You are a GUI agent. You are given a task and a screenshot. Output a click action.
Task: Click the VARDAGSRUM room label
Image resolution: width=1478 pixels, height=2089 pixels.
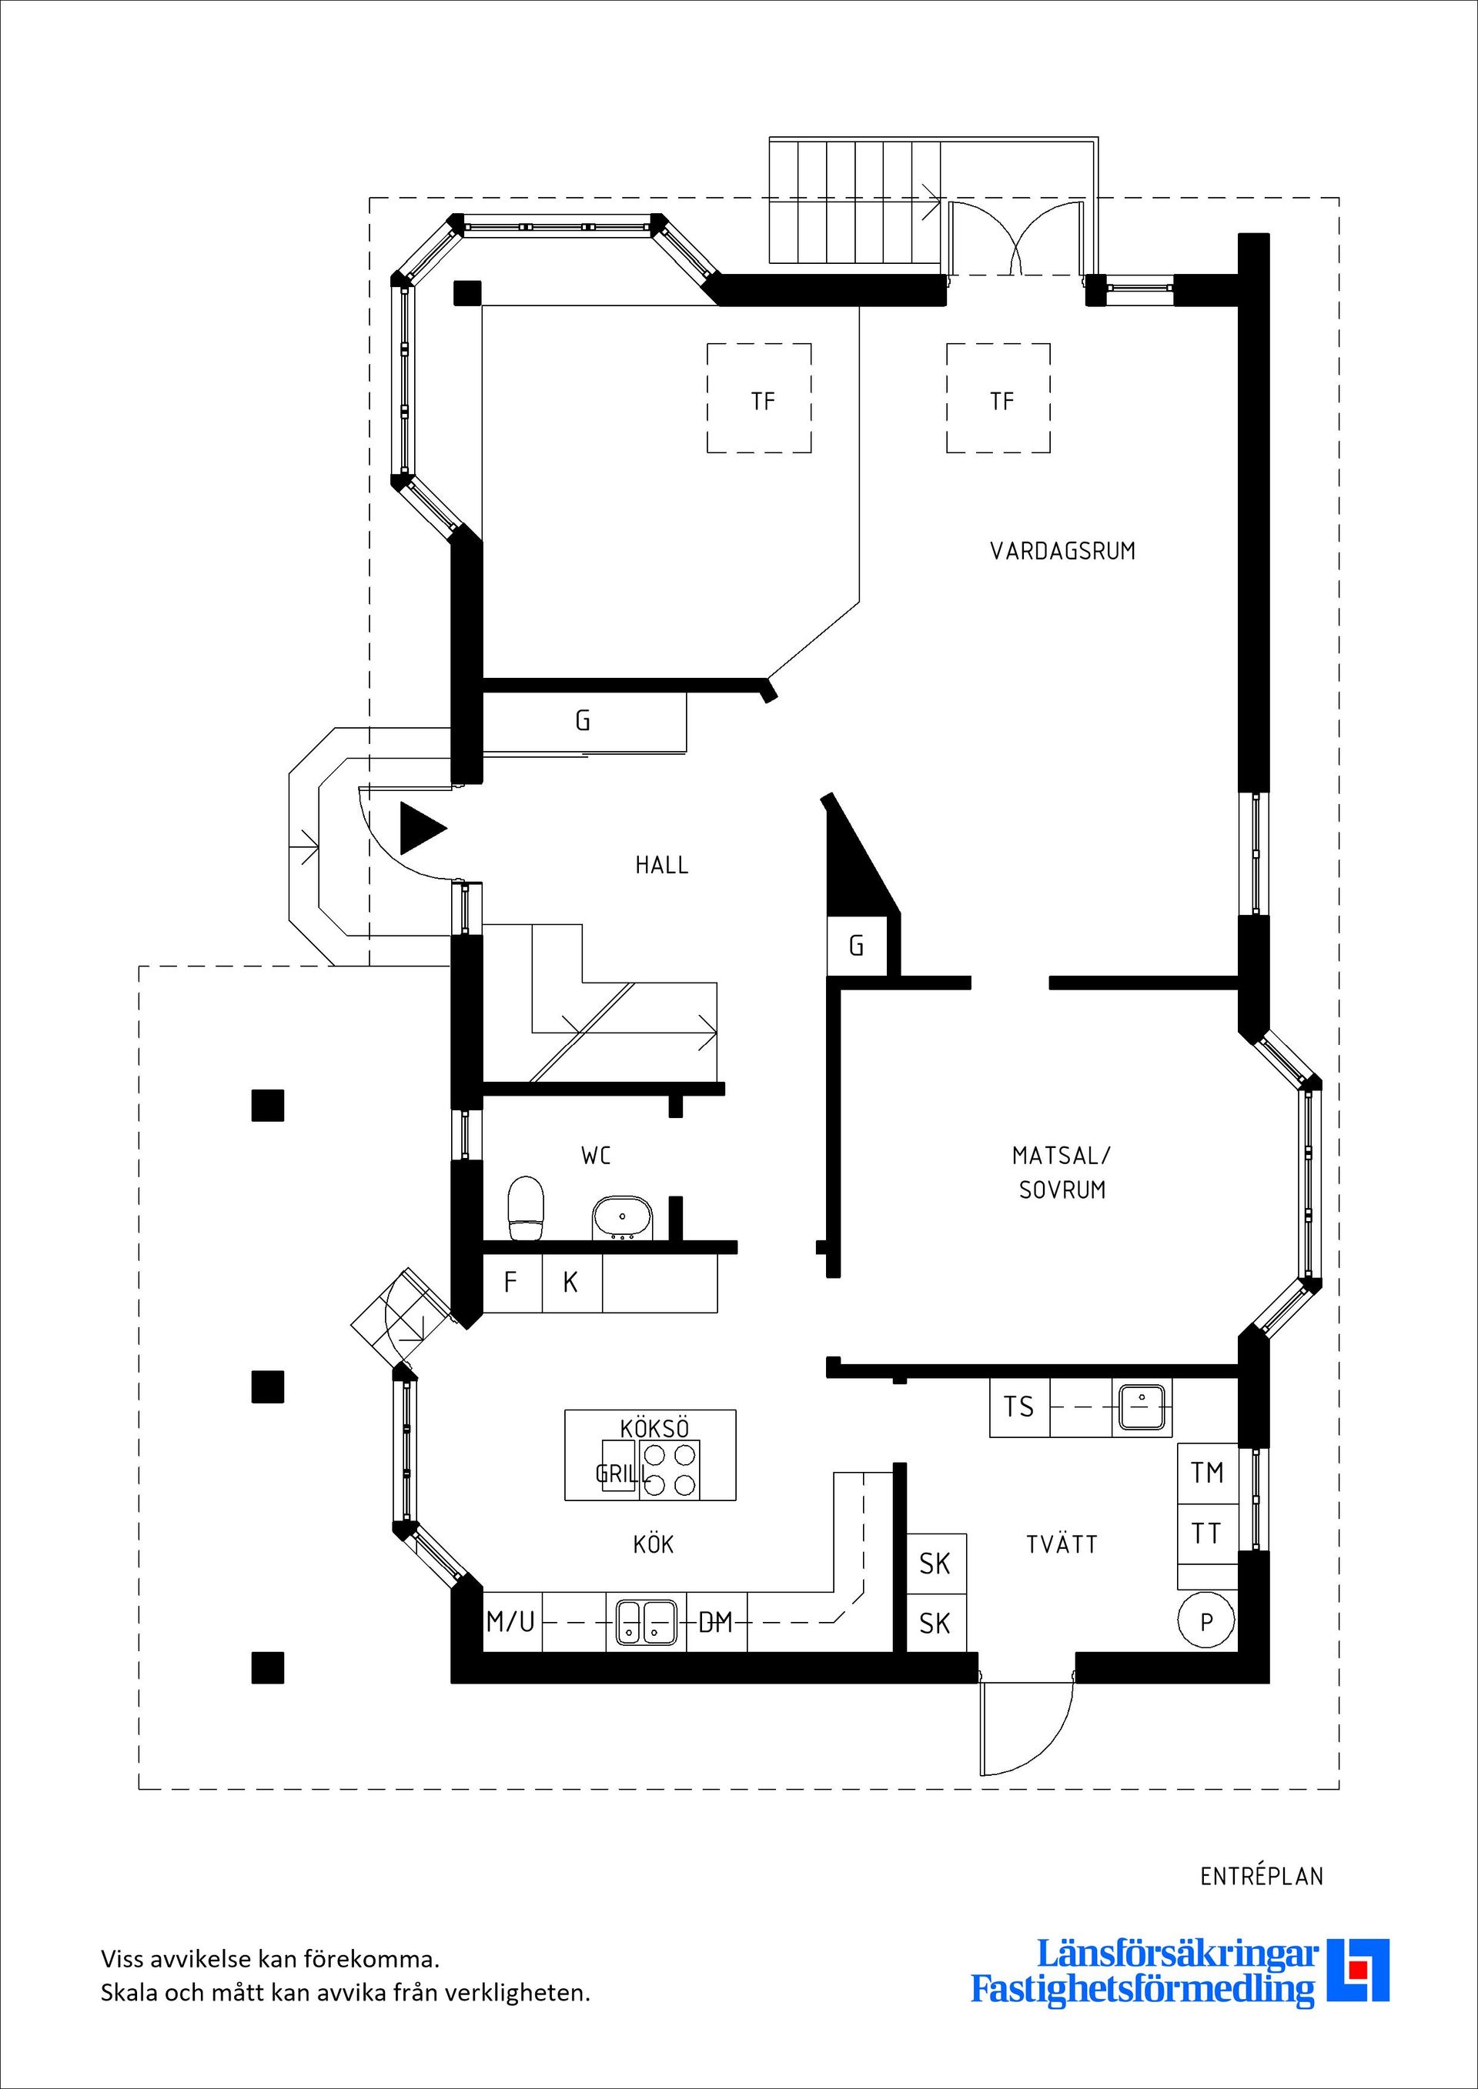(1062, 550)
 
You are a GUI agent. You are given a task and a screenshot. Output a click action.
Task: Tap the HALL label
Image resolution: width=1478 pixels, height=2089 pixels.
(662, 864)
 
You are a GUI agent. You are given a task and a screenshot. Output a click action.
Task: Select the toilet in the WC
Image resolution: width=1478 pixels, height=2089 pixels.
(525, 1208)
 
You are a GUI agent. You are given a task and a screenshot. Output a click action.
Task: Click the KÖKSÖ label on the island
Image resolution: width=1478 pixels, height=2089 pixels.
(654, 1427)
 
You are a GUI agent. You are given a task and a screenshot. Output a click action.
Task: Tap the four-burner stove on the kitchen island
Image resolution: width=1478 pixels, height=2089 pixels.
(670, 1470)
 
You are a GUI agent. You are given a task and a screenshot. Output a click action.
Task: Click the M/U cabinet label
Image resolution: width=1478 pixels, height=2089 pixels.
(511, 1620)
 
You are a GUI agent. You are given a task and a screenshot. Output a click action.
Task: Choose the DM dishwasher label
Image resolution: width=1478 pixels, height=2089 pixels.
(715, 1621)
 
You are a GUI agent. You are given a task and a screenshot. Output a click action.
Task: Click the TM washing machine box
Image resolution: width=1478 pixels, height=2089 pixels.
(1207, 1472)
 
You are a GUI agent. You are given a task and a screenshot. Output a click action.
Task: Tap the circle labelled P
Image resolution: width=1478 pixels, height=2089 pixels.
(1206, 1620)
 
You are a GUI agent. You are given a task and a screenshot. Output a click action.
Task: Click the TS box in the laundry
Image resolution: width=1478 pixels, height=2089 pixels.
(1019, 1407)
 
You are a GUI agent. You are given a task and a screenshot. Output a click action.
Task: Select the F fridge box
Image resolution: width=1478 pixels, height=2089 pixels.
(511, 1282)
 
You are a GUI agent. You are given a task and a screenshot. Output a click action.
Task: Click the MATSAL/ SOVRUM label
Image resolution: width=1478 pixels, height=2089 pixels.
(1062, 1172)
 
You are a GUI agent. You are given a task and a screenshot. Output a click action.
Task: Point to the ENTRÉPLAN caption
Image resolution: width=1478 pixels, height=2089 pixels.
(1262, 1876)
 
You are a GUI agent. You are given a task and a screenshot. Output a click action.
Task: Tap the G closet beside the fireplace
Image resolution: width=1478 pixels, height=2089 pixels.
(855, 946)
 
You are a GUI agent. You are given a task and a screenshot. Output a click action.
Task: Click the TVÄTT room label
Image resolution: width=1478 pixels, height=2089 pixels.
(1062, 1544)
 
